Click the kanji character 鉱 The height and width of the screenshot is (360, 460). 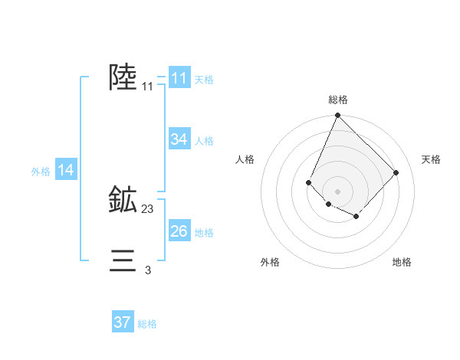[123, 201]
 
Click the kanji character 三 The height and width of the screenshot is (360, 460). [123, 260]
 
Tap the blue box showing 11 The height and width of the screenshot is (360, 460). [179, 78]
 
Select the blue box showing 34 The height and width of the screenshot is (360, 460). [179, 139]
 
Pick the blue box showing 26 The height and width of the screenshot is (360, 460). [179, 231]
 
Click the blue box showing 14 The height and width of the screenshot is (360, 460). [66, 170]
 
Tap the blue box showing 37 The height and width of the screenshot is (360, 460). [123, 322]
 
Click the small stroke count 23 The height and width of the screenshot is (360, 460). [148, 208]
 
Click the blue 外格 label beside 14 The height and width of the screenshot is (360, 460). [41, 172]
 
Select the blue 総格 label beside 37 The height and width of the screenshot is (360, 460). [147, 324]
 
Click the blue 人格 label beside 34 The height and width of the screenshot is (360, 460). [204, 141]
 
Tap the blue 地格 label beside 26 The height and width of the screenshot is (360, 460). [204, 232]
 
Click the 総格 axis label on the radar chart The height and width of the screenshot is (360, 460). [338, 100]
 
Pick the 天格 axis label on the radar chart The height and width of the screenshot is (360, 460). [431, 159]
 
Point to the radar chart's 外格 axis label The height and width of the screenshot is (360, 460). [270, 262]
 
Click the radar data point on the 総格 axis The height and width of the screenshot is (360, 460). [337, 116]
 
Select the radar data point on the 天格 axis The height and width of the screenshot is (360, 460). [396, 172]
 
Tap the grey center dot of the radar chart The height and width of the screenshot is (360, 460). [337, 191]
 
